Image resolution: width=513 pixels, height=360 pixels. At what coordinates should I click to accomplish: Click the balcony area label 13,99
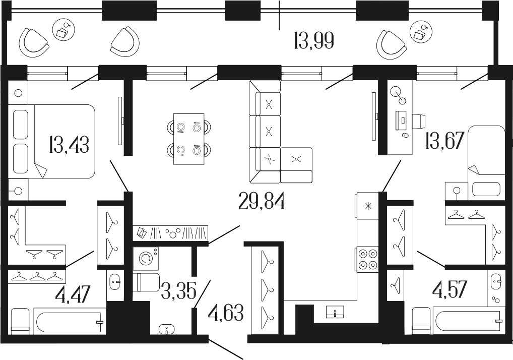coord(313,40)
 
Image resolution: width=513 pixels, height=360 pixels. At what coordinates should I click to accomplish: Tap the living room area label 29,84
coord(261,202)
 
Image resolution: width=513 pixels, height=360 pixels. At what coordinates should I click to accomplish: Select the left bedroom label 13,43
coord(69,145)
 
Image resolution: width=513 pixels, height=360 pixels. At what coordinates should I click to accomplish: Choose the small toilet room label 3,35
coord(178,290)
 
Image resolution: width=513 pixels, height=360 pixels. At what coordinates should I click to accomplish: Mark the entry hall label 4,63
coord(226,313)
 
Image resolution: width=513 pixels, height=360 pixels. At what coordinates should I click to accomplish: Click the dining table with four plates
coord(188,139)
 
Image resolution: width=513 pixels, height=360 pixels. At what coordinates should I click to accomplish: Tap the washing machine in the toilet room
coord(146,258)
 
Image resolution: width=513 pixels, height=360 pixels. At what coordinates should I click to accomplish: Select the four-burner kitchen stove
coord(366,259)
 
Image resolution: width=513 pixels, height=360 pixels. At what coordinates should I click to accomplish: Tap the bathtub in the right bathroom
coord(468,321)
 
